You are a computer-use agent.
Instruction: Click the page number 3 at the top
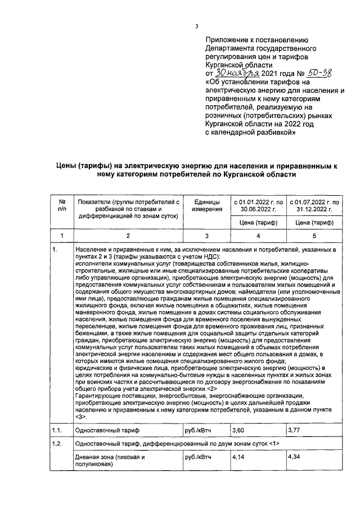coord(196,25)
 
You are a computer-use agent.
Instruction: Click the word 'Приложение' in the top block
coord(228,40)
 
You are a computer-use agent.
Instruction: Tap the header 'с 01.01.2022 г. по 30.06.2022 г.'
coord(256,205)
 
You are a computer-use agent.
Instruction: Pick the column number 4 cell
coord(256,236)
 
